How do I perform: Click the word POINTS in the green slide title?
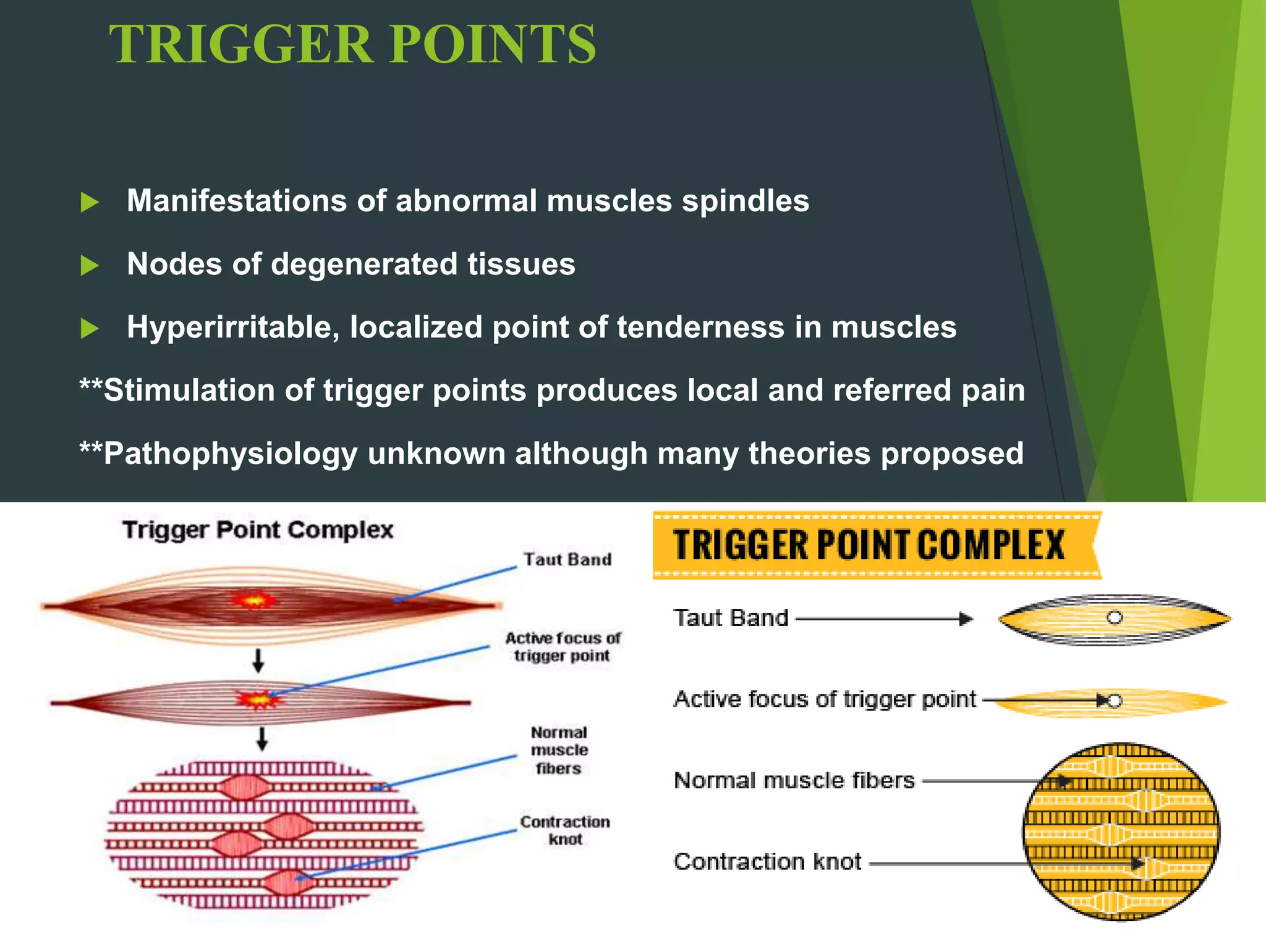[x=493, y=44]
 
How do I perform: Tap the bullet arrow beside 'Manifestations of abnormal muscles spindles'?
[x=90, y=202]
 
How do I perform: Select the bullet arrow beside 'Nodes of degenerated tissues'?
[x=90, y=266]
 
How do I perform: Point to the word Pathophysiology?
[x=231, y=454]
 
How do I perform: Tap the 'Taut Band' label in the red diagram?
[x=567, y=559]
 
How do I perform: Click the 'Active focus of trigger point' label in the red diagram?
[x=563, y=646]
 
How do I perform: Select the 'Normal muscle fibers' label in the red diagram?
[x=559, y=750]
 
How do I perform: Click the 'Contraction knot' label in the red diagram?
[x=565, y=830]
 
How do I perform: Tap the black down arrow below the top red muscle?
[x=258, y=660]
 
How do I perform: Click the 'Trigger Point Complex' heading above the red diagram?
[x=258, y=530]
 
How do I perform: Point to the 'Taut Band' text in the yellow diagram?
[x=731, y=618]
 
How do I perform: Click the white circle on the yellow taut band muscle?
[x=1114, y=617]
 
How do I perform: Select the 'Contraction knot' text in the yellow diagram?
[x=767, y=861]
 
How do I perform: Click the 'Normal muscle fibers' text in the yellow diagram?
[x=794, y=780]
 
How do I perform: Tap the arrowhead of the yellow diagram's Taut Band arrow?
[x=966, y=618]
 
